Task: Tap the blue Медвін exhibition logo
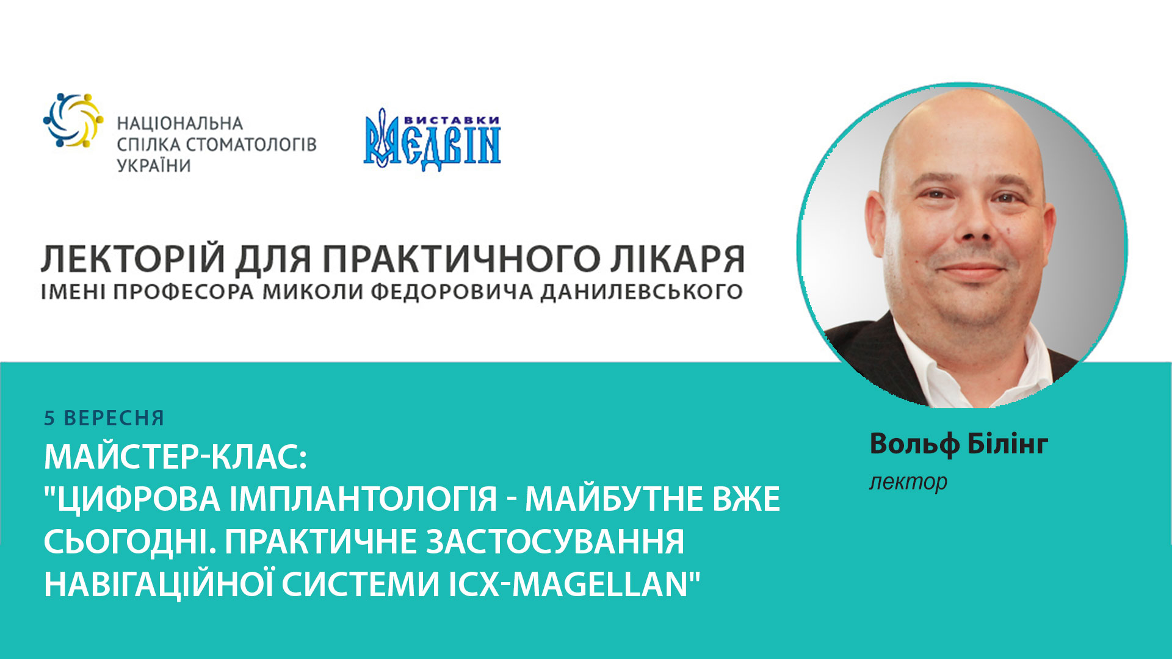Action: click(x=432, y=142)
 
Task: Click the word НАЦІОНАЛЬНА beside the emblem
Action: click(x=180, y=124)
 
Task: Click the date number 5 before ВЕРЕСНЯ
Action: click(x=49, y=419)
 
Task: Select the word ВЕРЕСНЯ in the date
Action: click(x=114, y=419)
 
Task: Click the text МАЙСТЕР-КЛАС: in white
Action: click(x=175, y=456)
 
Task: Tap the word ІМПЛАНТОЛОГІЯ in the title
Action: click(x=364, y=499)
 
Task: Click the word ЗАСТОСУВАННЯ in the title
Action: click(x=555, y=542)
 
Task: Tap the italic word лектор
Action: click(x=908, y=482)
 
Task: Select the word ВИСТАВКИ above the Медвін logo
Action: click(x=452, y=120)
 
